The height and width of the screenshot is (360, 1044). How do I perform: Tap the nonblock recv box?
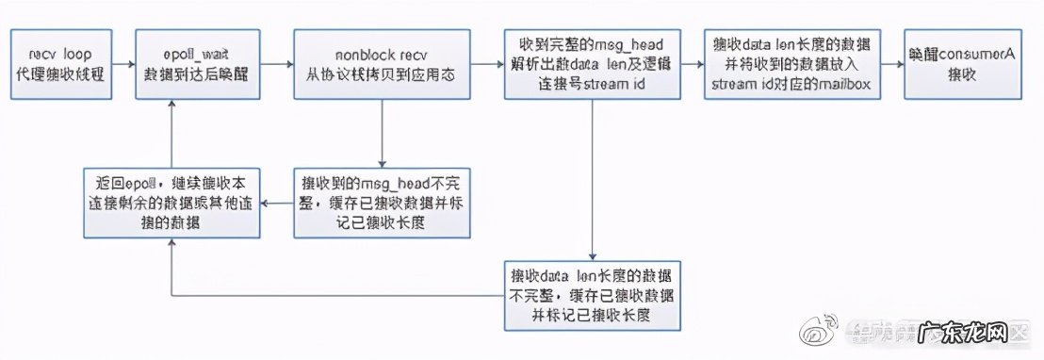tap(381, 63)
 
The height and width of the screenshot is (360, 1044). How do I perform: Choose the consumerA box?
tap(962, 63)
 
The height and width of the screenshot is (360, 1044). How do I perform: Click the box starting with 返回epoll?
tap(171, 203)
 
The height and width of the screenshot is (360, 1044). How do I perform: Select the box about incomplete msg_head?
tap(381, 203)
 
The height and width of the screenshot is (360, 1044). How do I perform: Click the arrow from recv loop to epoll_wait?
tap(122, 64)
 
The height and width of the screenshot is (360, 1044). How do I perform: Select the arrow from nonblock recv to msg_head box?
tap(484, 64)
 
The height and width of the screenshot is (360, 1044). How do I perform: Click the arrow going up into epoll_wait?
tap(171, 132)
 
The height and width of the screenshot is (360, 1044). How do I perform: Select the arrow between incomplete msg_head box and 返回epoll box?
tap(278, 203)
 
